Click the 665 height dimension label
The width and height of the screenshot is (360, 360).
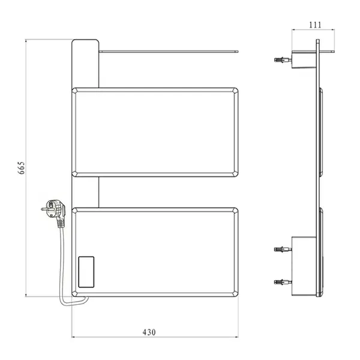[21, 168]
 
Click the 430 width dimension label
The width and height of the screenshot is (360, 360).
[149, 332]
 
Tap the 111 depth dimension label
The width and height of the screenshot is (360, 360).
[315, 25]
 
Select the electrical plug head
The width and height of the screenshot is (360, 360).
[53, 208]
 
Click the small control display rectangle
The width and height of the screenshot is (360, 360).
[86, 272]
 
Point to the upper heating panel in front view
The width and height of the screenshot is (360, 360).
[155, 132]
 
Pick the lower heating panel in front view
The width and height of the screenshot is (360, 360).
[155, 252]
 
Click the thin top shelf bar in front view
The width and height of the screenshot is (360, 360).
[169, 52]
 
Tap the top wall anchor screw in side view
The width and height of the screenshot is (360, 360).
[283, 60]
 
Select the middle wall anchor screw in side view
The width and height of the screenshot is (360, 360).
[283, 249]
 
